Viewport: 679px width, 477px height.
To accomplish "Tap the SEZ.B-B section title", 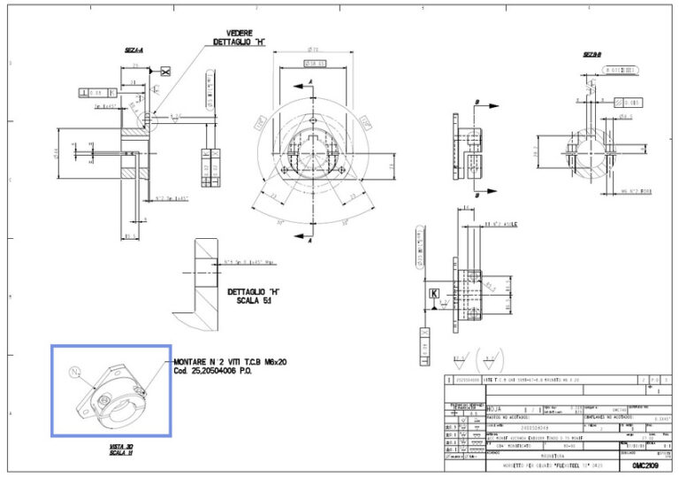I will click(x=592, y=54).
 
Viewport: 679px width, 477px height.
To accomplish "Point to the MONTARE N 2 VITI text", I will click(x=230, y=363).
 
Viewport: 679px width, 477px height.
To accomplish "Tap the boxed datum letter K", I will click(x=434, y=292).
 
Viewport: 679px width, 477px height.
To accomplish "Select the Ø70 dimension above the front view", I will click(x=314, y=50).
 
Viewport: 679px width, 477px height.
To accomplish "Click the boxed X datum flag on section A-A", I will click(x=164, y=71).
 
